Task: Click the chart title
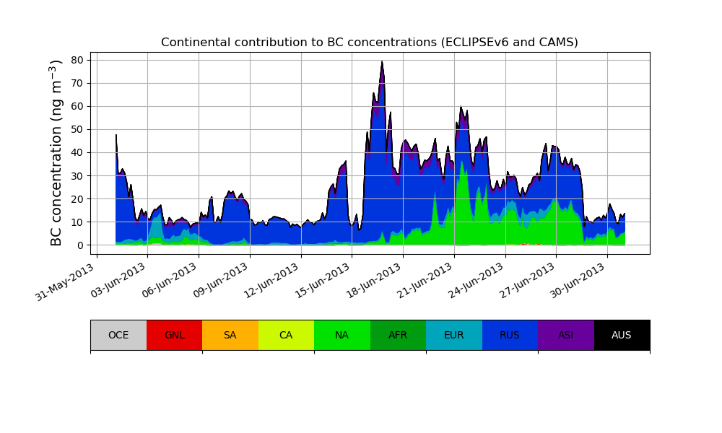[x=369, y=43]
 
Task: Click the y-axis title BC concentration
[x=57, y=153]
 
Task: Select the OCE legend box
[x=118, y=335]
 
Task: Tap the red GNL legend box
[x=174, y=335]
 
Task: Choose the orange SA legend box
[x=230, y=335]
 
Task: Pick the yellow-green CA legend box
[x=286, y=335]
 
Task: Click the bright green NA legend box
[x=342, y=335]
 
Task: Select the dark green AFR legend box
[x=398, y=335]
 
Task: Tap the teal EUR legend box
[x=453, y=335]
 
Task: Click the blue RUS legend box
[x=510, y=335]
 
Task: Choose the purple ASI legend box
[x=565, y=335]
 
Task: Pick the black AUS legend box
[x=622, y=335]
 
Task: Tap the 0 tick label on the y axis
[x=81, y=245]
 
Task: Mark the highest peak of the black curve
[x=382, y=62]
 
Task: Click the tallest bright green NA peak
[x=461, y=162]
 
